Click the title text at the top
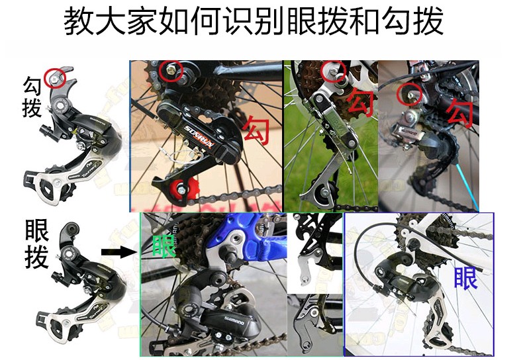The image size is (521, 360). click(x=254, y=22)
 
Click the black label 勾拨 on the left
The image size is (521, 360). click(x=32, y=96)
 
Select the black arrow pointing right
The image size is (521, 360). click(x=117, y=251)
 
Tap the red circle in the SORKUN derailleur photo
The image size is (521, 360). click(x=171, y=70)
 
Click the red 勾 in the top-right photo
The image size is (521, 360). click(x=461, y=111)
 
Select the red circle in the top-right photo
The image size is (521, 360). click(x=408, y=93)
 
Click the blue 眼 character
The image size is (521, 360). click(x=466, y=277)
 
